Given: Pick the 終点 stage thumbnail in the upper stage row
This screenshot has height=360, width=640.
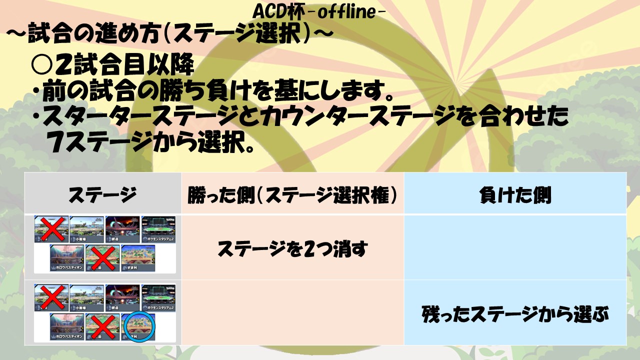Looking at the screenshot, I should (122, 229).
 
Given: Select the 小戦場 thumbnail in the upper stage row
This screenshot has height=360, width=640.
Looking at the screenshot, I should (86, 229).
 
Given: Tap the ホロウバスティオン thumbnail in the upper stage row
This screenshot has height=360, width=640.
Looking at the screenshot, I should (67, 258).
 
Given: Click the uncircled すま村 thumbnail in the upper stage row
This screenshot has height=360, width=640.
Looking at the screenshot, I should (138, 258).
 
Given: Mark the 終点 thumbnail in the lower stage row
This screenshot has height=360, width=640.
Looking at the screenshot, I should (122, 298).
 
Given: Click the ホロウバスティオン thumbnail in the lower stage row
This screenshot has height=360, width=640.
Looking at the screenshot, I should (67, 327).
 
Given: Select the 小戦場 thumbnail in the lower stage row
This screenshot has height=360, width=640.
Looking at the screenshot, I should (86, 298).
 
